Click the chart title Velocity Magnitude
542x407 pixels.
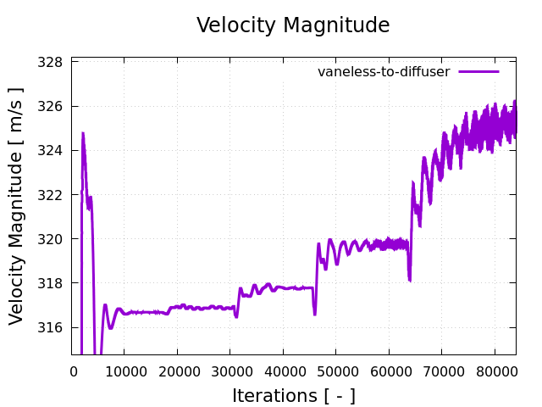pyautogui.click(x=293, y=25)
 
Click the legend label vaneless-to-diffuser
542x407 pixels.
pyautogui.click(x=384, y=72)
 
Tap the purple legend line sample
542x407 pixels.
pyautogui.click(x=479, y=72)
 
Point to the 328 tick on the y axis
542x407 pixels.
pyautogui.click(x=53, y=63)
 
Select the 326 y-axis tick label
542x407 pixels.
pyautogui.click(x=53, y=107)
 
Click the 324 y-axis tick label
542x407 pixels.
pyautogui.click(x=53, y=151)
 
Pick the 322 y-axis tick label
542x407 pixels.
pyautogui.click(x=53, y=195)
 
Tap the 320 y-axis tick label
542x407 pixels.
pyautogui.click(x=53, y=239)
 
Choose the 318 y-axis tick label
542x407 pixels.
pyautogui.click(x=53, y=283)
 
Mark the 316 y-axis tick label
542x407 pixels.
pyautogui.click(x=53, y=327)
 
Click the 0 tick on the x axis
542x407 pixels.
pyautogui.click(x=73, y=370)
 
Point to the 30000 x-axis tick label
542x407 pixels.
pyautogui.click(x=230, y=370)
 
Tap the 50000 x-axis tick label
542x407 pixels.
pyautogui.click(x=335, y=370)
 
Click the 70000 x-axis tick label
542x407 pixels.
pyautogui.click(x=441, y=370)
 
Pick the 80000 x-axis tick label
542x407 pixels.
pyautogui.click(x=494, y=370)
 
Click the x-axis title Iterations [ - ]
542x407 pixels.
pyautogui.click(x=293, y=395)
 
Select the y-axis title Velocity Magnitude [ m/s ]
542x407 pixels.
pyautogui.click(x=17, y=205)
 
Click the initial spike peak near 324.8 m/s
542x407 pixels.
pyautogui.click(x=83, y=133)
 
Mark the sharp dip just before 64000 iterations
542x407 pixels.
pyautogui.click(x=409, y=279)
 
